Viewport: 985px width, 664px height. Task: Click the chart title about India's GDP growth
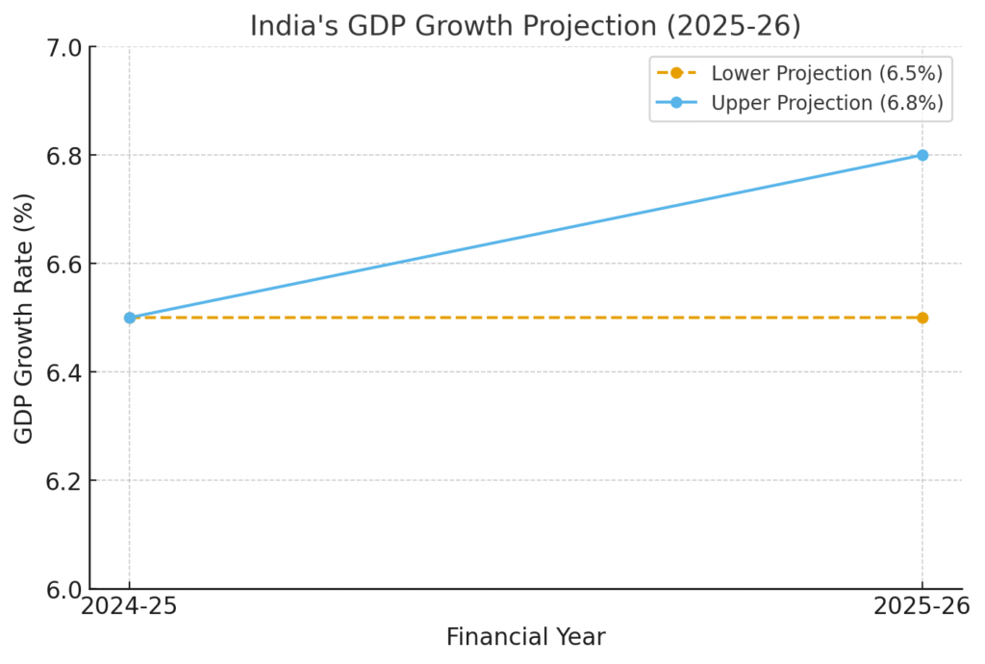pyautogui.click(x=525, y=26)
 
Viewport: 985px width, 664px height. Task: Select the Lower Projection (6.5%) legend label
pyautogui.click(x=826, y=73)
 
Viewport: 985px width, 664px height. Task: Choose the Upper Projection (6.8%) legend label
pyautogui.click(x=826, y=103)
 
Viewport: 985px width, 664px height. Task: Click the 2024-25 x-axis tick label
pyautogui.click(x=129, y=607)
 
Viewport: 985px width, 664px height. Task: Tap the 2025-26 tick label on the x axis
pyautogui.click(x=922, y=607)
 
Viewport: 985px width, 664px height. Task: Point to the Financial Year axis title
pyautogui.click(x=525, y=637)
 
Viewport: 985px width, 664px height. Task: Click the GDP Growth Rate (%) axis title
pyautogui.click(x=25, y=319)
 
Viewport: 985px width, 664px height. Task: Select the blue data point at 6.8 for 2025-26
pyautogui.click(x=922, y=155)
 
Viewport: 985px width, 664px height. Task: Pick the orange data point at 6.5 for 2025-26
pyautogui.click(x=922, y=318)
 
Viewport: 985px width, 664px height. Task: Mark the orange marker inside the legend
pyautogui.click(x=676, y=73)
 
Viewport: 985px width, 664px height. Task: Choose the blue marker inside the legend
pyautogui.click(x=676, y=103)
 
